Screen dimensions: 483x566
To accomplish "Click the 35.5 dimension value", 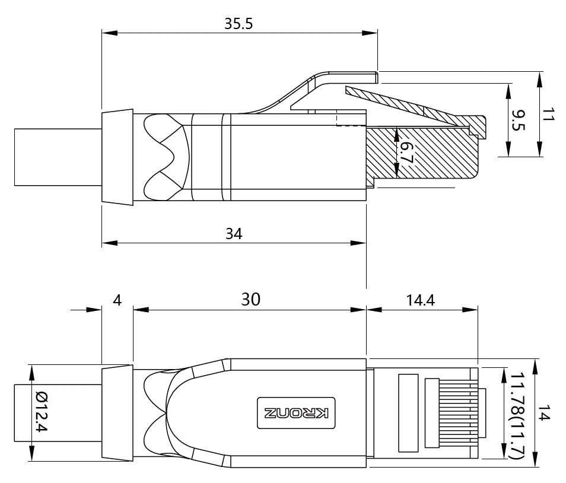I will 239,24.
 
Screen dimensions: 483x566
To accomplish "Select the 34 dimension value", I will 234,234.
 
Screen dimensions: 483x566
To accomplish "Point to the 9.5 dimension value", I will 519,121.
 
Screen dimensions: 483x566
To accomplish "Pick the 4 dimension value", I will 117,300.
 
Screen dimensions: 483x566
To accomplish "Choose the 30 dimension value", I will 250,300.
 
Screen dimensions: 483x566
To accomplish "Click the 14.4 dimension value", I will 421,300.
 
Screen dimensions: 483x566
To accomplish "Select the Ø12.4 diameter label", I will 41,412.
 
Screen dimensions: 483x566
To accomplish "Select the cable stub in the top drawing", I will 57,157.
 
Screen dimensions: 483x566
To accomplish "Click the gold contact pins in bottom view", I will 454,413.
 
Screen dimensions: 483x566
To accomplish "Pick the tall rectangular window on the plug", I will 408,413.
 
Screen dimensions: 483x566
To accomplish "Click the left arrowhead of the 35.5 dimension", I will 107,33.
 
